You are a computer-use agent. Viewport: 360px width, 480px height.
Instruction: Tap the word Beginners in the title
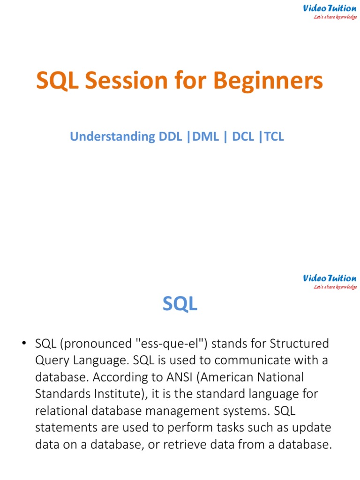coord(269,81)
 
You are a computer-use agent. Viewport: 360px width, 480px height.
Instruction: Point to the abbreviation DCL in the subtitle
coord(243,136)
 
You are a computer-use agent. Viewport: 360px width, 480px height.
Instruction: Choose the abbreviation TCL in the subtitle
coord(274,136)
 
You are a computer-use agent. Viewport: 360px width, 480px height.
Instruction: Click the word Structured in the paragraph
coord(300,344)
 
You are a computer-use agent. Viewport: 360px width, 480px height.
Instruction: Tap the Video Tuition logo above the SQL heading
coord(329,281)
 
